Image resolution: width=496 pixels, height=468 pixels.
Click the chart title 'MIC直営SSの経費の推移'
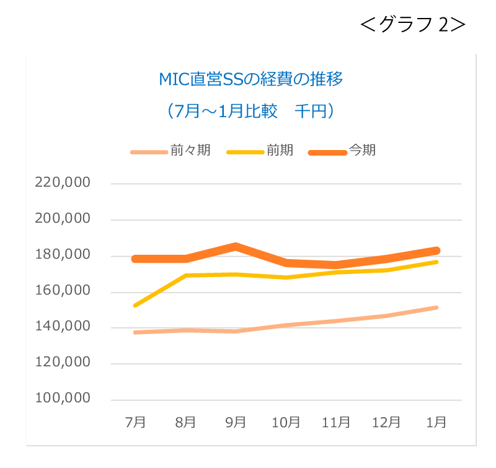point(251,79)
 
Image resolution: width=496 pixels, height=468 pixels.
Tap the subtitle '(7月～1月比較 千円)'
point(251,111)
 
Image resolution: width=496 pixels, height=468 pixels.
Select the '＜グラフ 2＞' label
point(412,24)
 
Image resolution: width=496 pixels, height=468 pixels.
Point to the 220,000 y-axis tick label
point(63,183)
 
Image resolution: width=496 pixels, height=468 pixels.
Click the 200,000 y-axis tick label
point(63,219)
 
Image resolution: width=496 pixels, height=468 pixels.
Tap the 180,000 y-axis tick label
point(63,255)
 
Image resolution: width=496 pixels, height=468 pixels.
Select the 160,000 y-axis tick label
point(63,291)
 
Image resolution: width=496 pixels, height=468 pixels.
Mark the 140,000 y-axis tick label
point(63,327)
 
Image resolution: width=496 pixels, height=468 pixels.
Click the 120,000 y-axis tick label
point(63,363)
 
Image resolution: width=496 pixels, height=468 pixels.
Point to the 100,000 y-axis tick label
point(63,399)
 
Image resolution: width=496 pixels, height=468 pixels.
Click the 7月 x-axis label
point(136,423)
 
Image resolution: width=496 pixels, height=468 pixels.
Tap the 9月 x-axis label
point(236,423)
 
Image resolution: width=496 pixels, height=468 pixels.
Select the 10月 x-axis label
point(286,423)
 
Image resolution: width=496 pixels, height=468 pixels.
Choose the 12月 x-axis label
point(386,423)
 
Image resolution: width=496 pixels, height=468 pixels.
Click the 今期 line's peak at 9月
point(236,247)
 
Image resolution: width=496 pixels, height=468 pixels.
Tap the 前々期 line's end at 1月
point(436,307)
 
